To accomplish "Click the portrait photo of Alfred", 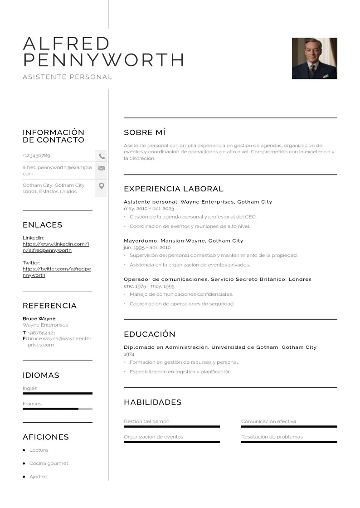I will point(314,58).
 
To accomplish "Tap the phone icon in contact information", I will point(102,156).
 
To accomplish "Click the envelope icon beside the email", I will point(102,168).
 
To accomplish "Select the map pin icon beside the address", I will point(102,186).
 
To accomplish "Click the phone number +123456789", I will point(36,156).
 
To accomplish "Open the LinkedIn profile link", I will point(55,247).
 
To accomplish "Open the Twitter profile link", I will point(56,272).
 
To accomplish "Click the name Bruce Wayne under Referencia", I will point(39,318).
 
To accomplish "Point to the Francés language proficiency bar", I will point(57,409).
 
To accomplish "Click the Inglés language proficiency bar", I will point(57,393).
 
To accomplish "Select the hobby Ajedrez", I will point(39,477).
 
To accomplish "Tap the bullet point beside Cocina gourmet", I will point(24,464).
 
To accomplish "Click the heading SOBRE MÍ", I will point(144,132).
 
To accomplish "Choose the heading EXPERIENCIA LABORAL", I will point(173,189).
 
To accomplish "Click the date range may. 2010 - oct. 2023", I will point(149,209).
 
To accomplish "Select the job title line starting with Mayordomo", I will point(183,241).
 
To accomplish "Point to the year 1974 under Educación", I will point(129,354).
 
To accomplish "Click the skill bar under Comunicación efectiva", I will point(289,426).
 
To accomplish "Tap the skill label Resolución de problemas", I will point(272,437).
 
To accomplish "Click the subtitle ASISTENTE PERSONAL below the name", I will point(68,77).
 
